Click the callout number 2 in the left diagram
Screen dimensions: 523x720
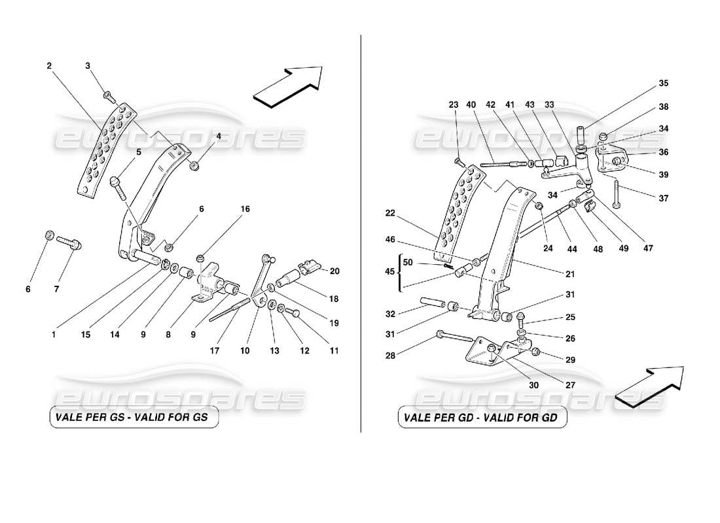coord(49,65)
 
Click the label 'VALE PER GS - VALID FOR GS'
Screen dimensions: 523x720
coord(134,418)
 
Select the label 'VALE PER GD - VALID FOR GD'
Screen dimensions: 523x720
coord(482,418)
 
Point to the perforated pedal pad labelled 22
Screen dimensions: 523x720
coord(461,209)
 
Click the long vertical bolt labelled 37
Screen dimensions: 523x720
coord(617,195)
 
